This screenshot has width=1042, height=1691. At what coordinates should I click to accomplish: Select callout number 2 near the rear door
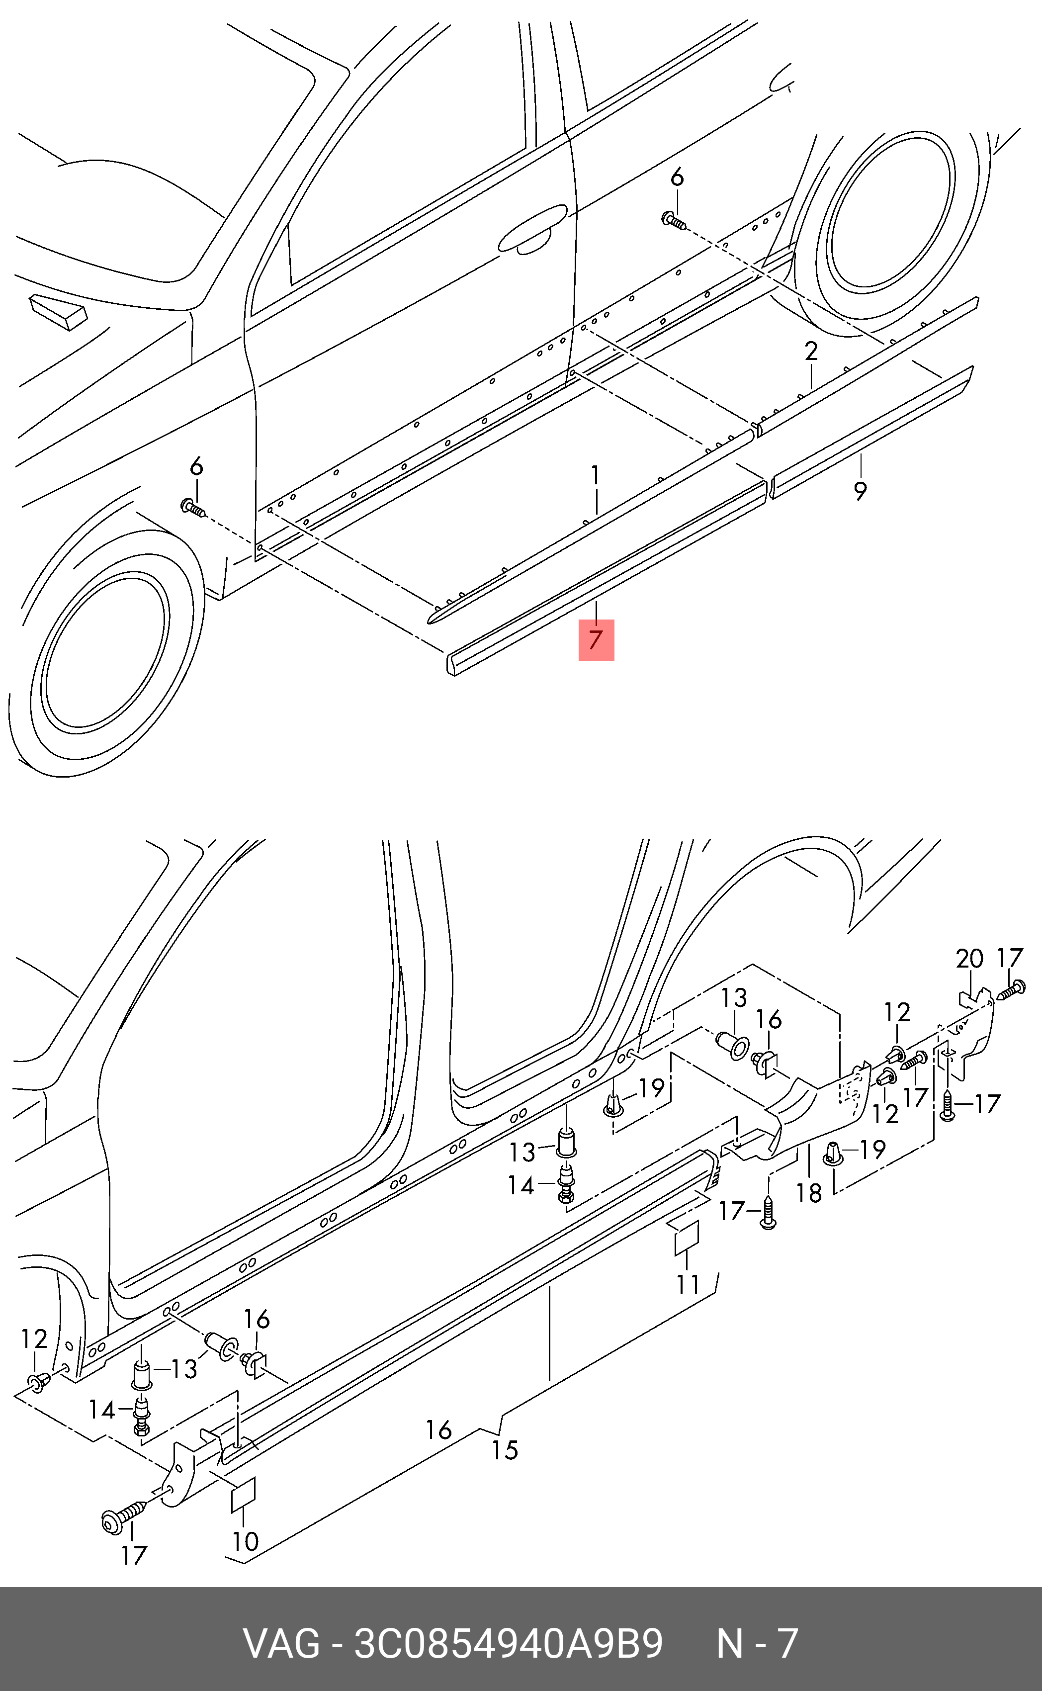811,352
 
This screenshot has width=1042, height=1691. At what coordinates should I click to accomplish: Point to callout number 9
860,491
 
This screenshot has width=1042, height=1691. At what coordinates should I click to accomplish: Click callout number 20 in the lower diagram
969,959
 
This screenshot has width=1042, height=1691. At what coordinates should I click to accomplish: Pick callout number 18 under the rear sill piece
809,1193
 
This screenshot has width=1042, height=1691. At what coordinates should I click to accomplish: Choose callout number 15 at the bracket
505,1450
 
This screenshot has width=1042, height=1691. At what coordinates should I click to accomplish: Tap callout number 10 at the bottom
246,1541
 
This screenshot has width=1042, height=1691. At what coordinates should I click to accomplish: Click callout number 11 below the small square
688,1284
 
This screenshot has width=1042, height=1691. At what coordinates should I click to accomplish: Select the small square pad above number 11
687,1237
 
